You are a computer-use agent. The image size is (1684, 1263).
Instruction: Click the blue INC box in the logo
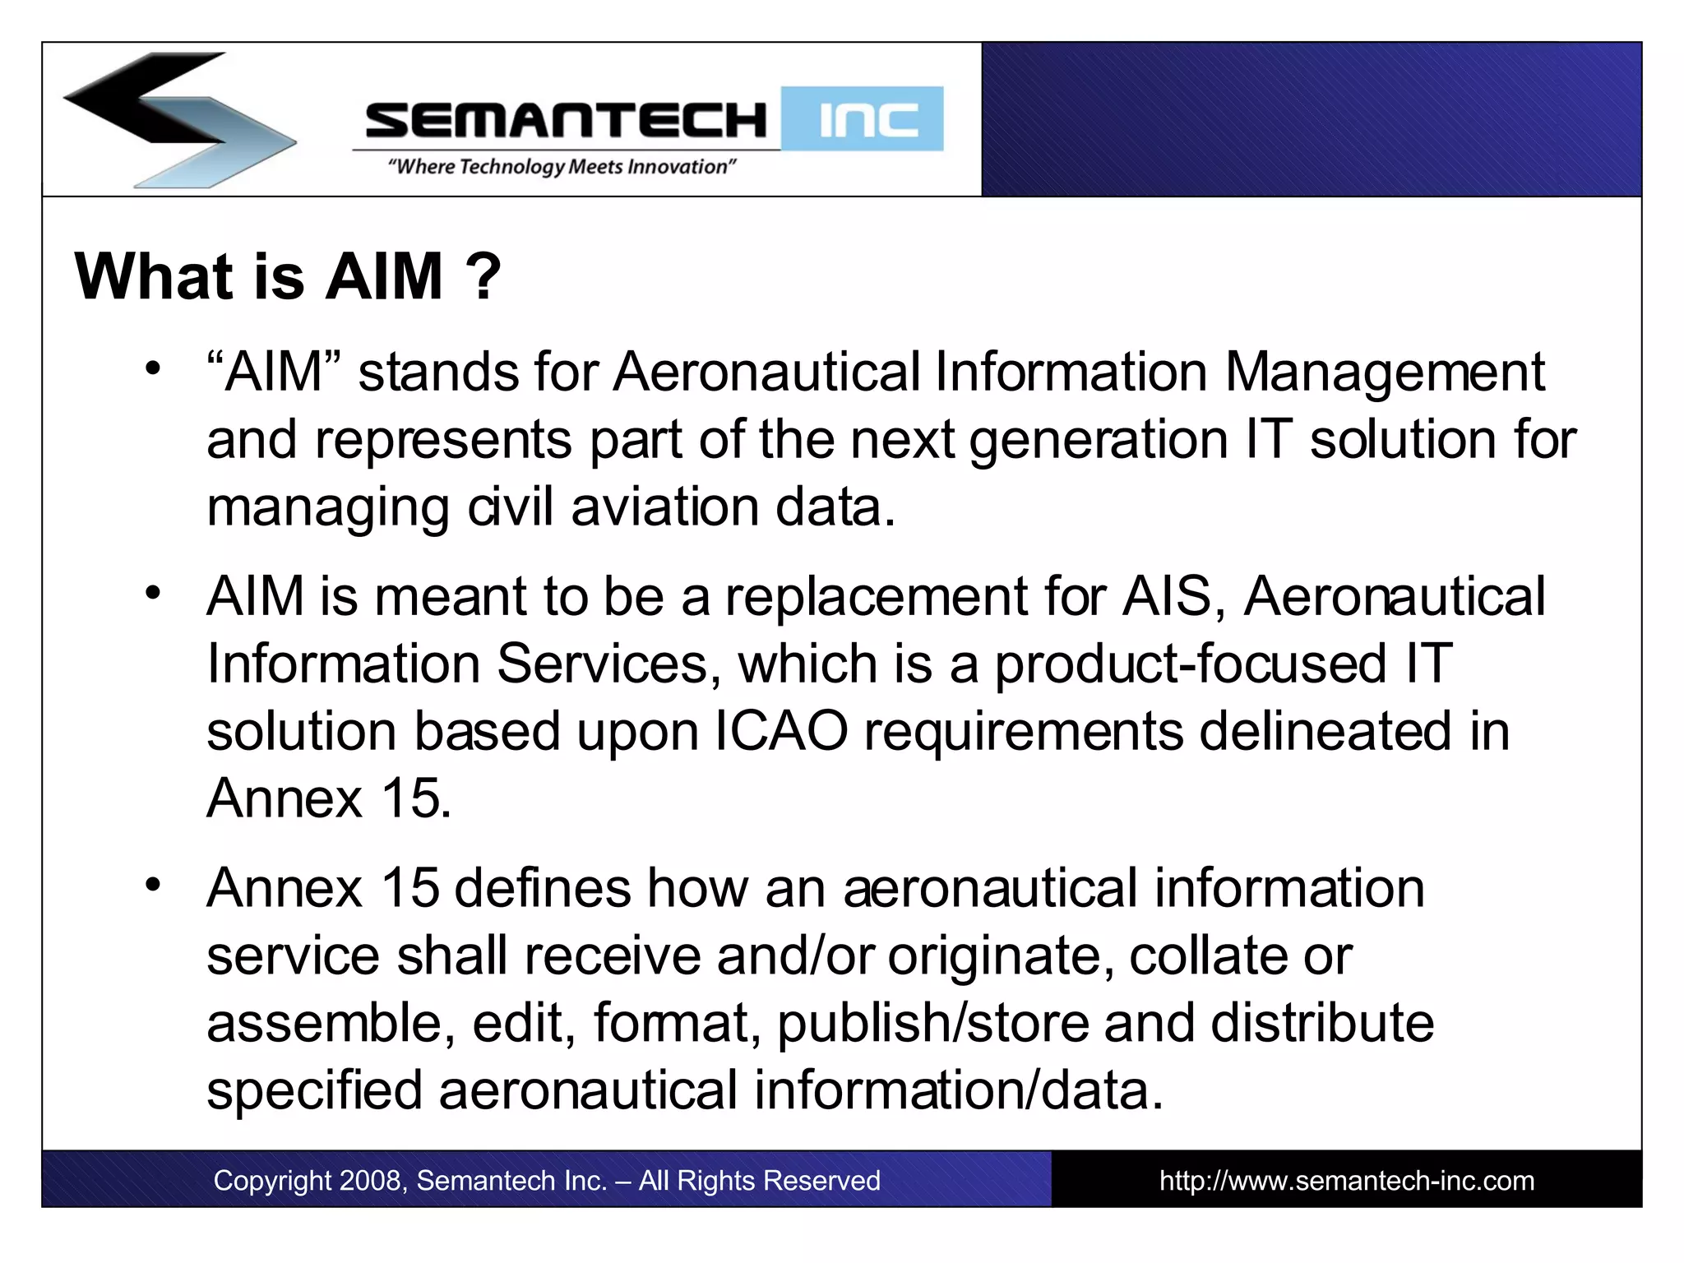pos(863,119)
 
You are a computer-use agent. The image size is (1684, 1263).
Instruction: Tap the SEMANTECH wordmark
pos(565,120)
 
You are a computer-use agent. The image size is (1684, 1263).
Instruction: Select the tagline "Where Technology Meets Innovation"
pos(562,167)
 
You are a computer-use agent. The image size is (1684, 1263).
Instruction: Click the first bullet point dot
pos(152,368)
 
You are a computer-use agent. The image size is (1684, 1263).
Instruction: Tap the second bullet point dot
pos(152,592)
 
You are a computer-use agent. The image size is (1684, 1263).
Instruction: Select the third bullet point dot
pos(152,885)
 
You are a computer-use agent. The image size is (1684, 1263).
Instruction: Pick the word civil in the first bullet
pos(510,507)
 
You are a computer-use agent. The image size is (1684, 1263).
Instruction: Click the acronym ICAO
pos(781,731)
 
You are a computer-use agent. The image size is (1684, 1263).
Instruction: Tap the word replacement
pos(876,596)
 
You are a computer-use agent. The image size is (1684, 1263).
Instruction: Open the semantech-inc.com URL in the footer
pos(1346,1181)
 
